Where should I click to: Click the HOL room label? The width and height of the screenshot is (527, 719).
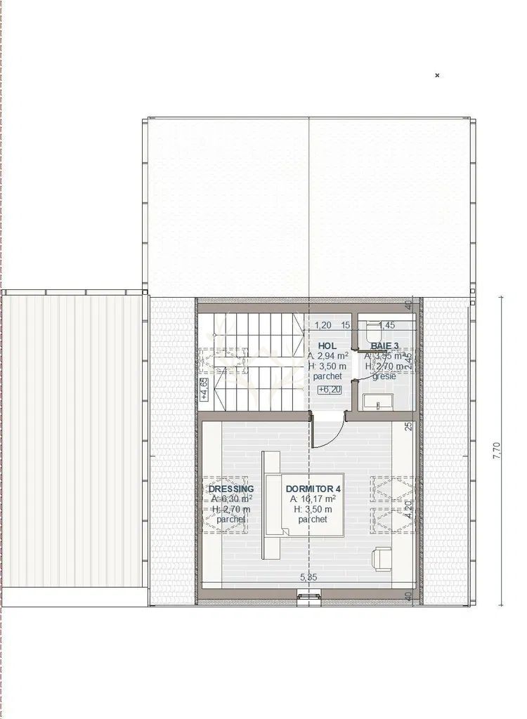point(327,346)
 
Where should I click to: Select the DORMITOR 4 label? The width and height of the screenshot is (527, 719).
point(313,489)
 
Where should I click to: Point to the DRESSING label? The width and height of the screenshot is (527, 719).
point(231,489)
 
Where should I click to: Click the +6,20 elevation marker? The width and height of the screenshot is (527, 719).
point(328,389)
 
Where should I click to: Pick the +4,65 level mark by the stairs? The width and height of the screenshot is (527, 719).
point(204,388)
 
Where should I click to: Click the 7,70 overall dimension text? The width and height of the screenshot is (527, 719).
point(497,449)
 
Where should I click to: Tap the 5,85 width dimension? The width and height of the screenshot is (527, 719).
point(309,577)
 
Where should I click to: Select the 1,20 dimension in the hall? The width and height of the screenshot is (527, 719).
point(323,325)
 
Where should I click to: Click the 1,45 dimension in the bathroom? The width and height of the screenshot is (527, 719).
point(387,325)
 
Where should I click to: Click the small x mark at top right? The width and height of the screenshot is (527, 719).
point(437,75)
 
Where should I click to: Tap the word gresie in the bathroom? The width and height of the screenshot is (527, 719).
point(384,376)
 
